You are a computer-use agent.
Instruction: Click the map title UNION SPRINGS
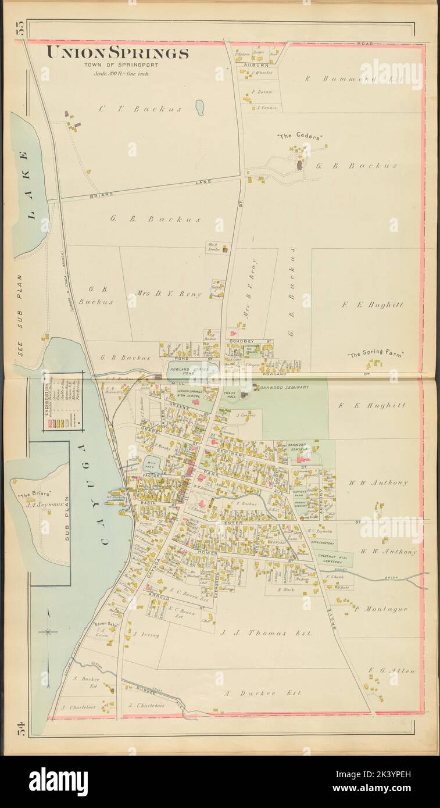[x=117, y=53]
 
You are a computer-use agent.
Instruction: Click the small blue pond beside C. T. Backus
[x=199, y=108]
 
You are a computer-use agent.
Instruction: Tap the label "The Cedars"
[x=299, y=137]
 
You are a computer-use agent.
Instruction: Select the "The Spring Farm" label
[x=375, y=354]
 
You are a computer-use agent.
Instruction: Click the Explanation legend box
[x=63, y=401]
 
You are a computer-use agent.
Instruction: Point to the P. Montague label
[x=381, y=609]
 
